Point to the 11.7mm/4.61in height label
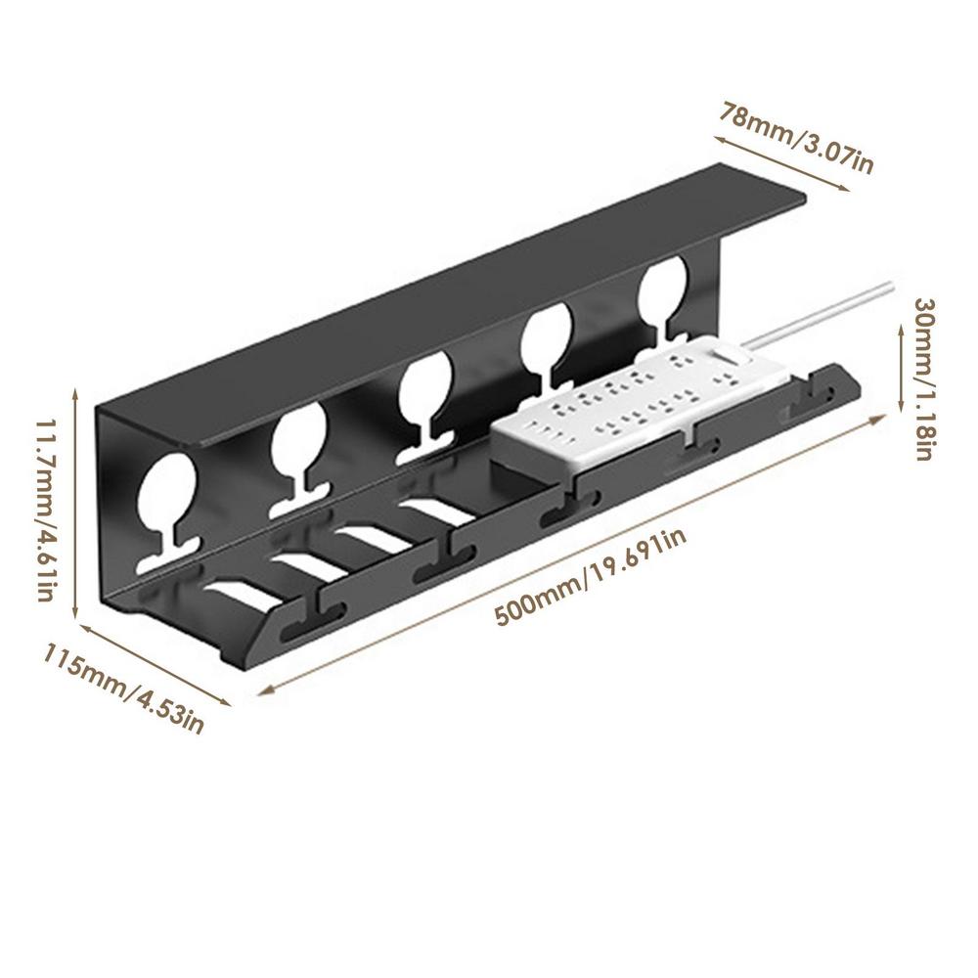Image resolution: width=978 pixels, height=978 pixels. point(45,509)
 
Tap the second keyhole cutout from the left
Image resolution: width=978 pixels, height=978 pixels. point(298,445)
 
